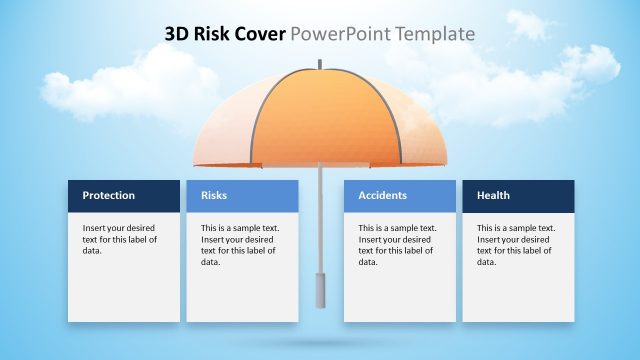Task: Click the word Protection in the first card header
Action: tap(108, 195)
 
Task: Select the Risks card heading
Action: tap(214, 195)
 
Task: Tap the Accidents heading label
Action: tap(383, 195)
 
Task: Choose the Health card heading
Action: tap(493, 195)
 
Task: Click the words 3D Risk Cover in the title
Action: tap(225, 34)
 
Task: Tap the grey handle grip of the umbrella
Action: tap(320, 290)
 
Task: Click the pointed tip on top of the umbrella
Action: tap(320, 66)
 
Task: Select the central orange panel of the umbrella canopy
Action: tap(320, 120)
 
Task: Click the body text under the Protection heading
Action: tap(119, 239)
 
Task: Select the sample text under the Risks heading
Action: tap(240, 245)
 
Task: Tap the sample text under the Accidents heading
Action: tap(397, 245)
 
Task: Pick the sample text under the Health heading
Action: tap(515, 245)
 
